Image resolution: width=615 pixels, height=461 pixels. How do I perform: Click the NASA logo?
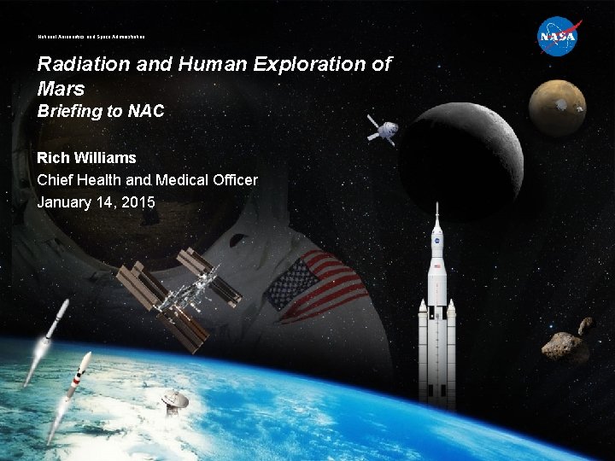(559, 38)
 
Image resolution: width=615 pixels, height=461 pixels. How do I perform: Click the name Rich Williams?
(86, 158)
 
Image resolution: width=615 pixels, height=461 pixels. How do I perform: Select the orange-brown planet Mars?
(557, 108)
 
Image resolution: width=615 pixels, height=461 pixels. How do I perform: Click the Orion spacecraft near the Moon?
(381, 128)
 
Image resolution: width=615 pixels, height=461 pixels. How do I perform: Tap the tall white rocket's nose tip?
(436, 207)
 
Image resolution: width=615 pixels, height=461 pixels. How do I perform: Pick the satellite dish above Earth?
(175, 400)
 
